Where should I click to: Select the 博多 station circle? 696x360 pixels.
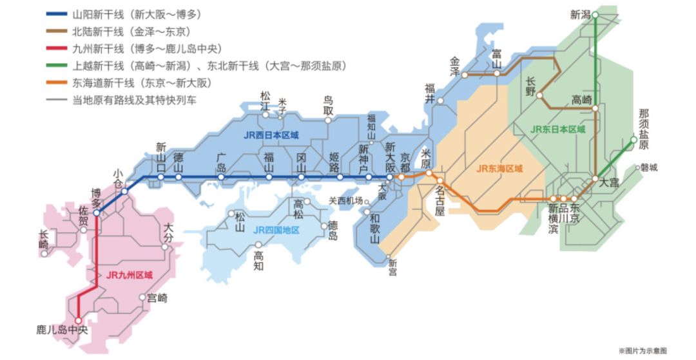tap(97, 213)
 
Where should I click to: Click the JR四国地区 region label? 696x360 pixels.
tap(276, 230)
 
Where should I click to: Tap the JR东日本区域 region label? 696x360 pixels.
tap(558, 129)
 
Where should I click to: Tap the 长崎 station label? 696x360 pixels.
tap(43, 240)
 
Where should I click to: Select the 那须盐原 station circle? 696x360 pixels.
tap(633, 139)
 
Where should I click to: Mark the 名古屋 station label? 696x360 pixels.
tap(440, 201)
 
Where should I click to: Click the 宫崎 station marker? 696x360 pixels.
tap(143, 298)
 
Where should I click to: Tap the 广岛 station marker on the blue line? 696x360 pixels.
tap(221, 176)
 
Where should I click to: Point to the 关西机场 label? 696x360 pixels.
tap(345, 200)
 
